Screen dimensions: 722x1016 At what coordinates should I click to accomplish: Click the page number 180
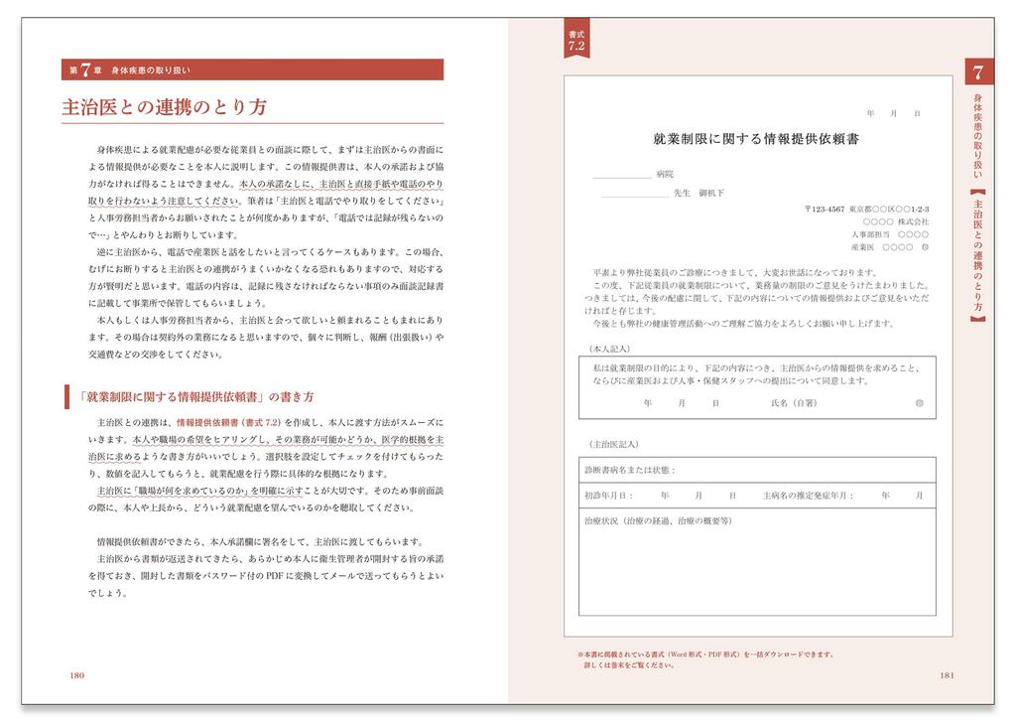(76, 676)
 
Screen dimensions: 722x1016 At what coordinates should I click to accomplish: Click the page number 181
(946, 676)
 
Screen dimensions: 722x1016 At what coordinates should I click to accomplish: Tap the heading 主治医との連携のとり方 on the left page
(164, 107)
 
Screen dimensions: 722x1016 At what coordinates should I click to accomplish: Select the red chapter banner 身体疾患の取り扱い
(252, 70)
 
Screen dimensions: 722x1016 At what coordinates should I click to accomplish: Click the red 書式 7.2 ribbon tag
(577, 41)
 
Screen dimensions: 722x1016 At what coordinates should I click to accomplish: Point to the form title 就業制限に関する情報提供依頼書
(756, 139)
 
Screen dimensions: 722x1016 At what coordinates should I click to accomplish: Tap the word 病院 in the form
(665, 173)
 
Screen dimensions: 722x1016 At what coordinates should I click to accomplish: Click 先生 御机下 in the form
(698, 193)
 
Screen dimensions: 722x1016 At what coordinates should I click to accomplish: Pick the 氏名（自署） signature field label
(793, 404)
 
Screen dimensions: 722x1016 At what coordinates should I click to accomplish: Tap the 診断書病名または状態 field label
(631, 469)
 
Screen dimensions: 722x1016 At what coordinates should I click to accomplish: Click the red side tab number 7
(978, 72)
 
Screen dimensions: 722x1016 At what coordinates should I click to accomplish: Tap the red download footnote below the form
(705, 659)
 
